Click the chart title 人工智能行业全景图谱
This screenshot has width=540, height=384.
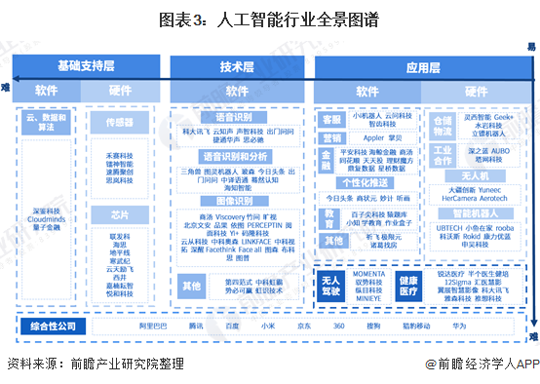(269, 17)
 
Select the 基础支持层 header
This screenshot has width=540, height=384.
(86, 66)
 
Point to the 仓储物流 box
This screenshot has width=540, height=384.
(442, 125)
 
